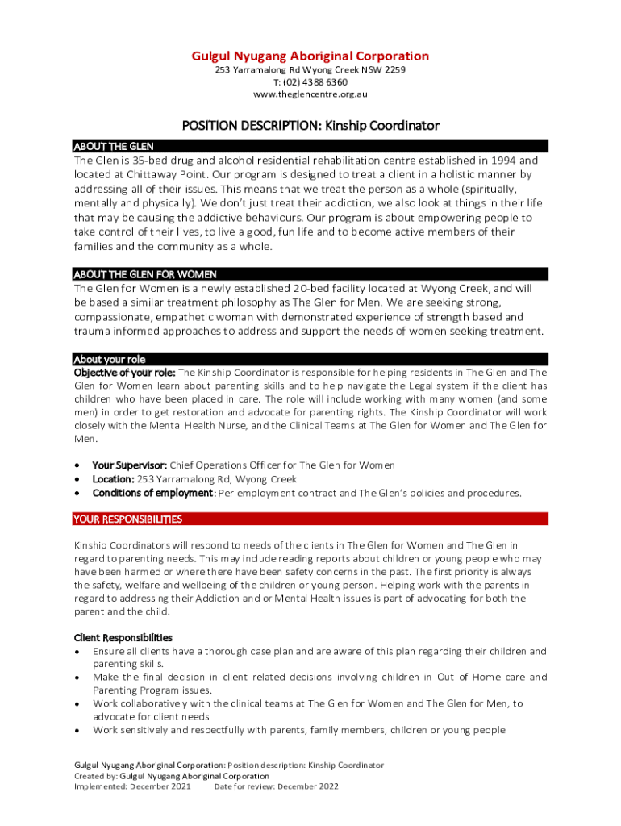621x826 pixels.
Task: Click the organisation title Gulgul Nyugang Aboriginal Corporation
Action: pos(310,56)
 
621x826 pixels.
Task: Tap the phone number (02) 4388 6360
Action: pos(316,82)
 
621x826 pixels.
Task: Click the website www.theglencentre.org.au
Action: pos(310,94)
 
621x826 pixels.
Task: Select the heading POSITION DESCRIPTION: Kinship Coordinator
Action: pos(310,126)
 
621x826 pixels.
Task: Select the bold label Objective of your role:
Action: pos(124,373)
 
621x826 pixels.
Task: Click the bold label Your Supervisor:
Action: pos(130,465)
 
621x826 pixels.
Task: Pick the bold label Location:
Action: pos(113,479)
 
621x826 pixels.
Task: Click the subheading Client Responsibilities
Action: pos(123,637)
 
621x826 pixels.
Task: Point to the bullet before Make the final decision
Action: pos(77,678)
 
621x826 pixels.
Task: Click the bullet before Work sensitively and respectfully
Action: pos(77,731)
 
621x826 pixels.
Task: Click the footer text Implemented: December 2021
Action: pos(132,786)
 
